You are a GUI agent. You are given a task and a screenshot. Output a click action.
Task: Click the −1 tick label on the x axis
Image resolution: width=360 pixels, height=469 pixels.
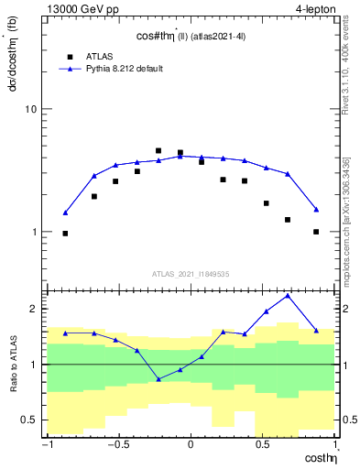click(45, 446)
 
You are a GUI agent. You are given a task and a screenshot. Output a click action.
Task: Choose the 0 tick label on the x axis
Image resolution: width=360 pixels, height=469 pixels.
click(191, 446)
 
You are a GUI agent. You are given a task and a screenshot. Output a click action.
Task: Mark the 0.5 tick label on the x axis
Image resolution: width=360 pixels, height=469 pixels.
click(263, 446)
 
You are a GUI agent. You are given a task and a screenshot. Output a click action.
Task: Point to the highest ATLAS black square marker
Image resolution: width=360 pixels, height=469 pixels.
click(158, 150)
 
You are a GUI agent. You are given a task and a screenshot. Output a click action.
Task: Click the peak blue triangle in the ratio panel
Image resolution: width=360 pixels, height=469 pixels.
click(288, 295)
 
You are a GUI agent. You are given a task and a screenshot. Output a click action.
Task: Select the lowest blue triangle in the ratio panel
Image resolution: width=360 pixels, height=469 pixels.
click(158, 379)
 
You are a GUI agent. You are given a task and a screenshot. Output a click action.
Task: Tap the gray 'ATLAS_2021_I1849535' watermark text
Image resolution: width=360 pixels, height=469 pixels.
click(191, 274)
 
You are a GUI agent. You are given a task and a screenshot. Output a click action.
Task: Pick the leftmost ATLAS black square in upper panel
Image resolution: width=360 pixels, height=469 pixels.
click(65, 234)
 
